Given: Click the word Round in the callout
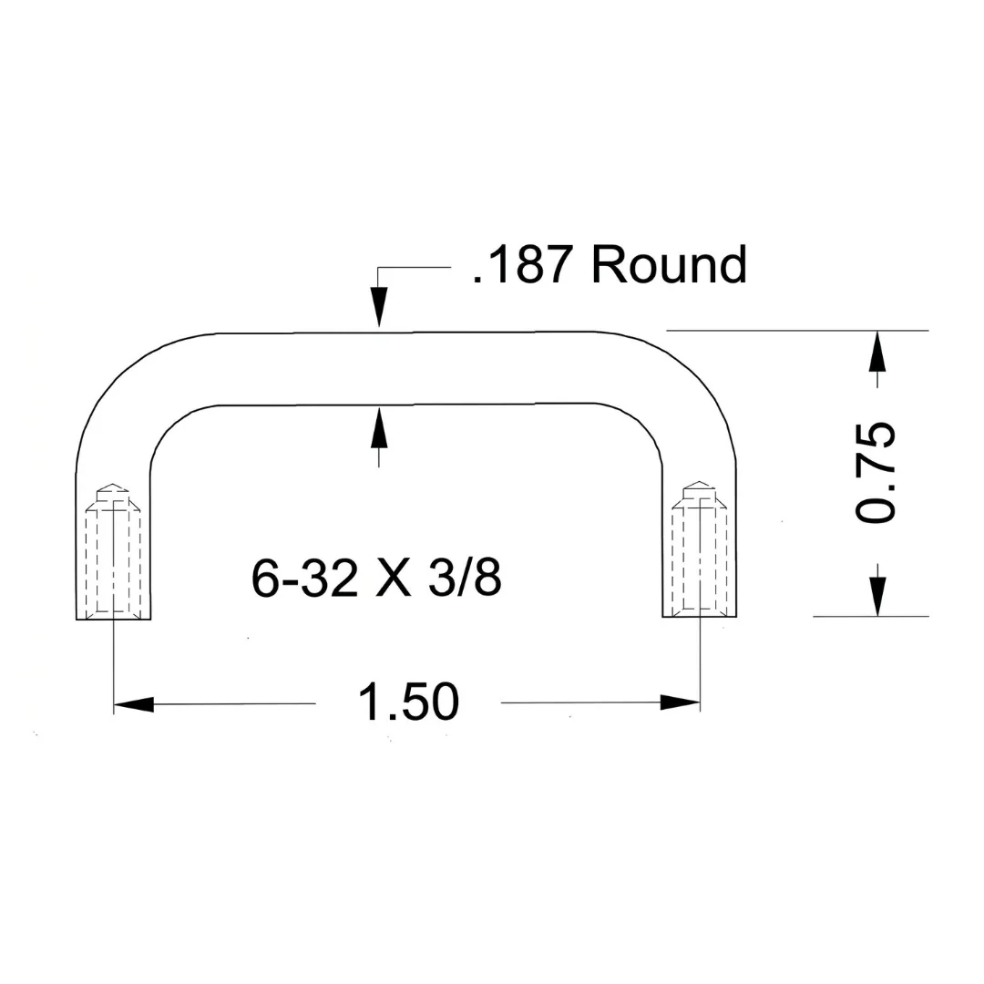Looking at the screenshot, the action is click(x=669, y=265).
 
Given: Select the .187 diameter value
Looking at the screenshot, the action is click(x=522, y=265).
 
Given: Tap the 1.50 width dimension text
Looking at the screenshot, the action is click(x=408, y=702).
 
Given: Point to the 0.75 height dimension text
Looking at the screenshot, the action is click(x=876, y=472).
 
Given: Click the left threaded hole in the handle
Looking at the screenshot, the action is click(x=114, y=550).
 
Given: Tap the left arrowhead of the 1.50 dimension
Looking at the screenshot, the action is click(x=134, y=704).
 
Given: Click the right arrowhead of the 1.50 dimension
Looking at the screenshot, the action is click(x=681, y=702).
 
